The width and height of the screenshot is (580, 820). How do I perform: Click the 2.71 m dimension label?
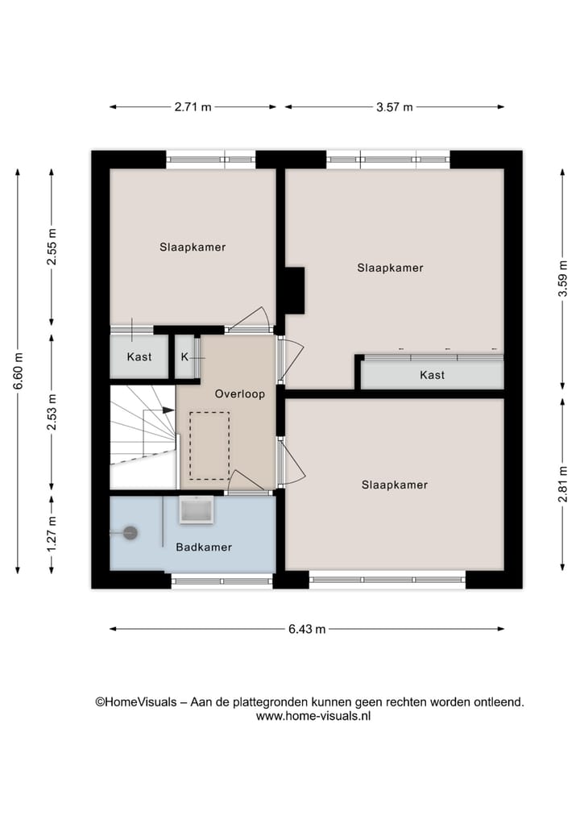[193, 107]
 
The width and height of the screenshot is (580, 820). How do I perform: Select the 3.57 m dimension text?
[395, 107]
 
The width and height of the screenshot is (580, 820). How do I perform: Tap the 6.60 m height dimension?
[18, 372]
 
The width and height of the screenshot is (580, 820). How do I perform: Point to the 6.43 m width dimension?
[308, 630]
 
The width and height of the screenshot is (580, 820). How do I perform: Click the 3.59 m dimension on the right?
[563, 279]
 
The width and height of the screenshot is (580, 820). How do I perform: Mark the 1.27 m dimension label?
[52, 534]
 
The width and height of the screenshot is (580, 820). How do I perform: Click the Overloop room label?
[239, 394]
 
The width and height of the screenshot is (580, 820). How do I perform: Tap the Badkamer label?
[204, 547]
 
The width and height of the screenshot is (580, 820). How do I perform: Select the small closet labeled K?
[184, 356]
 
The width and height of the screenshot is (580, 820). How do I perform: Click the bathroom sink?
[196, 510]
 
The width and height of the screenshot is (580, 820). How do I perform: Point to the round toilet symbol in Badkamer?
[129, 532]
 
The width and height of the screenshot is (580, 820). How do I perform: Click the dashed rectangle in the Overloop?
[209, 445]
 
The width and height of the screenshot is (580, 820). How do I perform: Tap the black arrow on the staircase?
[168, 410]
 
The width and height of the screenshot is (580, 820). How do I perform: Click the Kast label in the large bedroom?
[432, 375]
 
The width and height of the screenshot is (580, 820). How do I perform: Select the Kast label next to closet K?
[139, 356]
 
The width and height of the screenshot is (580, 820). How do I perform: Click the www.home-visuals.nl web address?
[313, 716]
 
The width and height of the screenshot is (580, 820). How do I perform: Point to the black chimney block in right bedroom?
[293, 290]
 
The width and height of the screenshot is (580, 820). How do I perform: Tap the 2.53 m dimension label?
[52, 411]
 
